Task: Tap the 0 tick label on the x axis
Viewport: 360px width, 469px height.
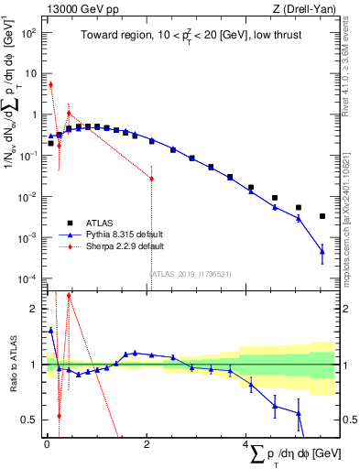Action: pyautogui.click(x=46, y=446)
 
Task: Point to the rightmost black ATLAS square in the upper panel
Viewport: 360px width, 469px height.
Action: pyautogui.click(x=322, y=216)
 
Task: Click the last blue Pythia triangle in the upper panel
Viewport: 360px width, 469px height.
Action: pyautogui.click(x=322, y=251)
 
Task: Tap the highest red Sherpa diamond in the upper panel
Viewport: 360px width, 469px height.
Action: pyautogui.click(x=50, y=84)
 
